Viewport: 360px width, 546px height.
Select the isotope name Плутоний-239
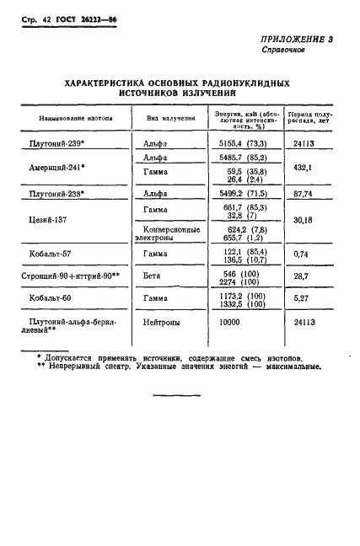61,144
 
